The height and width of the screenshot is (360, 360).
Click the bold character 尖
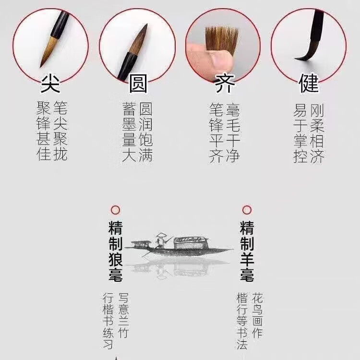coord(50,84)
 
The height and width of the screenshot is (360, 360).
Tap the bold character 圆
coord(137,84)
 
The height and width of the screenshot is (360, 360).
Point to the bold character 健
coord(309,84)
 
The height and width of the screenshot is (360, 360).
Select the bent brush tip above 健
coord(304,55)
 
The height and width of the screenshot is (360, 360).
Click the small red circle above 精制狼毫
coord(115,210)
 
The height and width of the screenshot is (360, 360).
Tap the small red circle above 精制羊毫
coord(247,210)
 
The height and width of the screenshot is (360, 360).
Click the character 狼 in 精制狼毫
coord(115,259)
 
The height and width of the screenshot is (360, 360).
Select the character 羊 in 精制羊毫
coord(247,259)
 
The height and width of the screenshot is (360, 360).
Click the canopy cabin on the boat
coord(191,242)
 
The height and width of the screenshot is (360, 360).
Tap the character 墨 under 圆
coord(129,125)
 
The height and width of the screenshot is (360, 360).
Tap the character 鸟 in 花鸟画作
coord(258,316)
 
